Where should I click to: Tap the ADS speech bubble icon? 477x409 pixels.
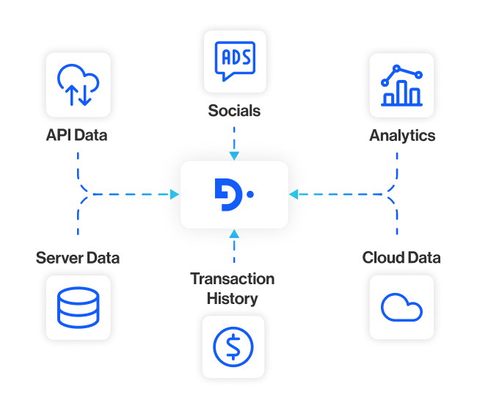234,61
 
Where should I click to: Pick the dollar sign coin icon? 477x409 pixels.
233,344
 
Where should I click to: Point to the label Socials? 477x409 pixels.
234,111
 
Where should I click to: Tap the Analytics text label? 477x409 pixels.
401,135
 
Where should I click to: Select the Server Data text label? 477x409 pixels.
78,258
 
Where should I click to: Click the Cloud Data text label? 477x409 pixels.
401,258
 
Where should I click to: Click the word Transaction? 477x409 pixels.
233,279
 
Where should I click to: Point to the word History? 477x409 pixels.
233,298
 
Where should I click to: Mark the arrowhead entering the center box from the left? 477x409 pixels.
175,195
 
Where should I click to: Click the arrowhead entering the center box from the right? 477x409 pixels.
294,195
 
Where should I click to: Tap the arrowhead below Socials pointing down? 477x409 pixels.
234,155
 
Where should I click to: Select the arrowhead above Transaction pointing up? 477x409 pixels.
234,234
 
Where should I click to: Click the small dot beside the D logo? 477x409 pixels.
250,195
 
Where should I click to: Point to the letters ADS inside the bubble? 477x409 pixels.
234,56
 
